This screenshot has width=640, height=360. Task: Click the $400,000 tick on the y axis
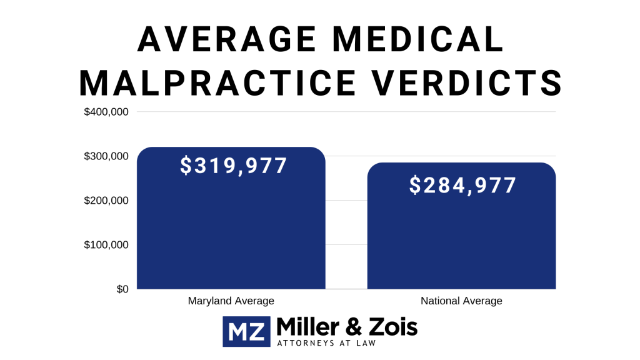coord(106,112)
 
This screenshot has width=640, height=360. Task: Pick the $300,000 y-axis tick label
coord(106,156)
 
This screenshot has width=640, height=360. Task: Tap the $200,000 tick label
coord(106,201)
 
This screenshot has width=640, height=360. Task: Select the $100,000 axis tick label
coord(106,245)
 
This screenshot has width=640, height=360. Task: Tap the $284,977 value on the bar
coord(463,186)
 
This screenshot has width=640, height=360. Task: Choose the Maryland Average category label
coord(231,301)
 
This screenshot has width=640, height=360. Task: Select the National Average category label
coord(461,301)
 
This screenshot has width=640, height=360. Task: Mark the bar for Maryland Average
coord(231,237)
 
